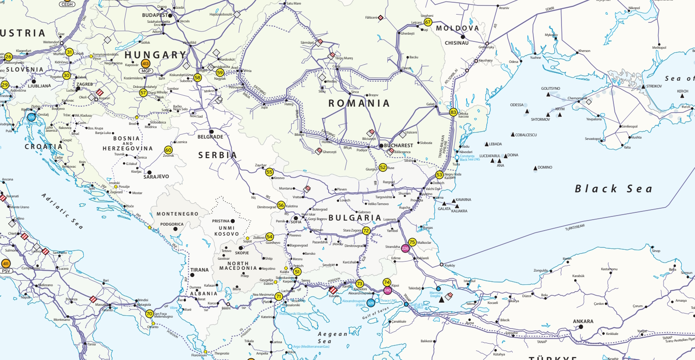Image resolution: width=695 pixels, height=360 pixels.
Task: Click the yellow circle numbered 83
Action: click(x=453, y=112)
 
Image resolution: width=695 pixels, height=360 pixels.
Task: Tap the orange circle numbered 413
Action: click(x=146, y=64)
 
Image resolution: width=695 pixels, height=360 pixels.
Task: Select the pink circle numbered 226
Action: click(x=406, y=248)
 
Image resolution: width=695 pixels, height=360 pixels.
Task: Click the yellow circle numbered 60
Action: click(x=169, y=150)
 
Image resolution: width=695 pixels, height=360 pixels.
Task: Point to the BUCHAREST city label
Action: click(x=399, y=146)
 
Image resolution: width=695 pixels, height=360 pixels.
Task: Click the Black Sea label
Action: click(x=613, y=189)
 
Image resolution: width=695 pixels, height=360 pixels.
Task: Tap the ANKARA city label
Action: click(x=583, y=321)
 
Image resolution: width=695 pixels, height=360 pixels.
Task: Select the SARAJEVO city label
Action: click(x=156, y=176)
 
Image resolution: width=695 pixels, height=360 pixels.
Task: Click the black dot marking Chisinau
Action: click(x=462, y=36)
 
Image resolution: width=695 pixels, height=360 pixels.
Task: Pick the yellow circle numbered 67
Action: click(x=427, y=22)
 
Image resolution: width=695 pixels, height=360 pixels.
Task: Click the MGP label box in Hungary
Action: click(x=146, y=71)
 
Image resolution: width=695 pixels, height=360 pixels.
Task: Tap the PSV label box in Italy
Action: click(x=6, y=271)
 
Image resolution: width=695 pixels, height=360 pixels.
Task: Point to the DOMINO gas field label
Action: click(x=545, y=168)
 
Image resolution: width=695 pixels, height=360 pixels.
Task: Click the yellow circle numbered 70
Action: click(x=149, y=314)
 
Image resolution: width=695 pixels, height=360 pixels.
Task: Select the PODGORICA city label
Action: click(x=172, y=224)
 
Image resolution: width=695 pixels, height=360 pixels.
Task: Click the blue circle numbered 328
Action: click(x=371, y=303)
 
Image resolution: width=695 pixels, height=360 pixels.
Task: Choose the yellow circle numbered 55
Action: click(x=269, y=172)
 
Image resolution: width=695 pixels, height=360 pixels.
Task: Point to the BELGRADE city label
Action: click(x=210, y=137)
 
